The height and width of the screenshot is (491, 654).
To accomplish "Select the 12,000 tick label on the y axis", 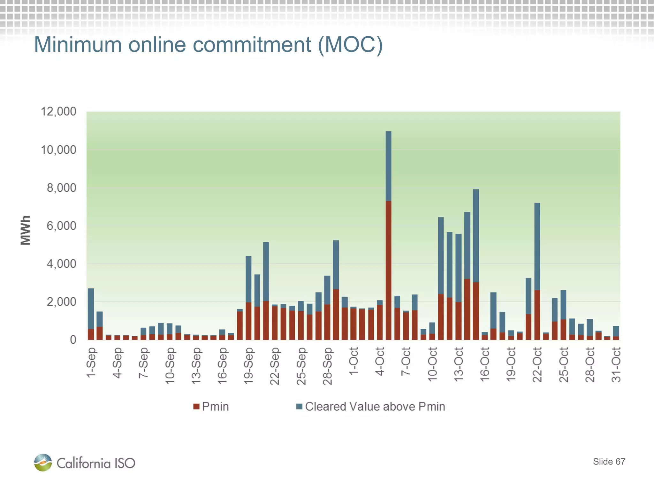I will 58,112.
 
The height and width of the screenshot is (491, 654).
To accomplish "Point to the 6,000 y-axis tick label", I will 61,226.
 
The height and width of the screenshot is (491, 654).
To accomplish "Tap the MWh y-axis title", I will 26,230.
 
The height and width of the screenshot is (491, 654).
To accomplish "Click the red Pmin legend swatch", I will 196,407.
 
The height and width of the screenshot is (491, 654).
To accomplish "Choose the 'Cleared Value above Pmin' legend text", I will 375,407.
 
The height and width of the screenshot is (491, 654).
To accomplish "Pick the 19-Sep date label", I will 248,366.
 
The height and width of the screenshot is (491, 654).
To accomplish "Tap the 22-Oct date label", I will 537,365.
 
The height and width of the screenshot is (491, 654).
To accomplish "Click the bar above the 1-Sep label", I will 91,313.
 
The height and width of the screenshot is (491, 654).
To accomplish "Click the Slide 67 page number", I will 609,462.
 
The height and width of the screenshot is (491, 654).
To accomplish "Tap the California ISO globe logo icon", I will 43,462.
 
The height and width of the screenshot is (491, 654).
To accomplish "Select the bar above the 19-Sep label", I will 248,297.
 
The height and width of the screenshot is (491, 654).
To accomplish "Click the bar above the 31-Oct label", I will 616,333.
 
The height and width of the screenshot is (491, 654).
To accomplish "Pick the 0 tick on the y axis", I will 73,340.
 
